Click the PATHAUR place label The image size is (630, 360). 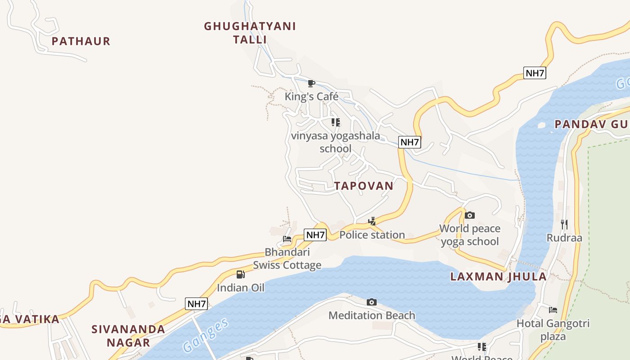tap(81, 41)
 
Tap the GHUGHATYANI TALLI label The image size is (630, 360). tap(250, 33)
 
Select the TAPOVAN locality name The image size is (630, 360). tap(364, 186)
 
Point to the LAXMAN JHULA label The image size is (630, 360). tap(499, 277)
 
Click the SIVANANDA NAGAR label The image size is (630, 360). tap(128, 336)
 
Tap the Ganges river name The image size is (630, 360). tap(206, 335)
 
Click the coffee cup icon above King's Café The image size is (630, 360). tap(311, 83)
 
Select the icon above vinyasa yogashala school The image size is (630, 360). tap(335, 122)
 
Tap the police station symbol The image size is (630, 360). tap(372, 221)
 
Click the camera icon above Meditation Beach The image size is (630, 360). tap(372, 302)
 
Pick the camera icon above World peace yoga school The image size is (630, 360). tap(469, 215)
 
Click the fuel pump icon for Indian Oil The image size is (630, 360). tap(241, 274)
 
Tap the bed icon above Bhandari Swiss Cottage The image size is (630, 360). tap(287, 238)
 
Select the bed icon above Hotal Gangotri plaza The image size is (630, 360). tap(553, 310)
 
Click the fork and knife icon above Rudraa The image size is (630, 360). tap(564, 224)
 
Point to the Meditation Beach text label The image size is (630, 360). tap(372, 315)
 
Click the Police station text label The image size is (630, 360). tap(372, 235)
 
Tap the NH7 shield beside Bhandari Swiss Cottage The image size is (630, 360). tap(315, 234)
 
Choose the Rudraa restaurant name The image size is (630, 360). tap(564, 238)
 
